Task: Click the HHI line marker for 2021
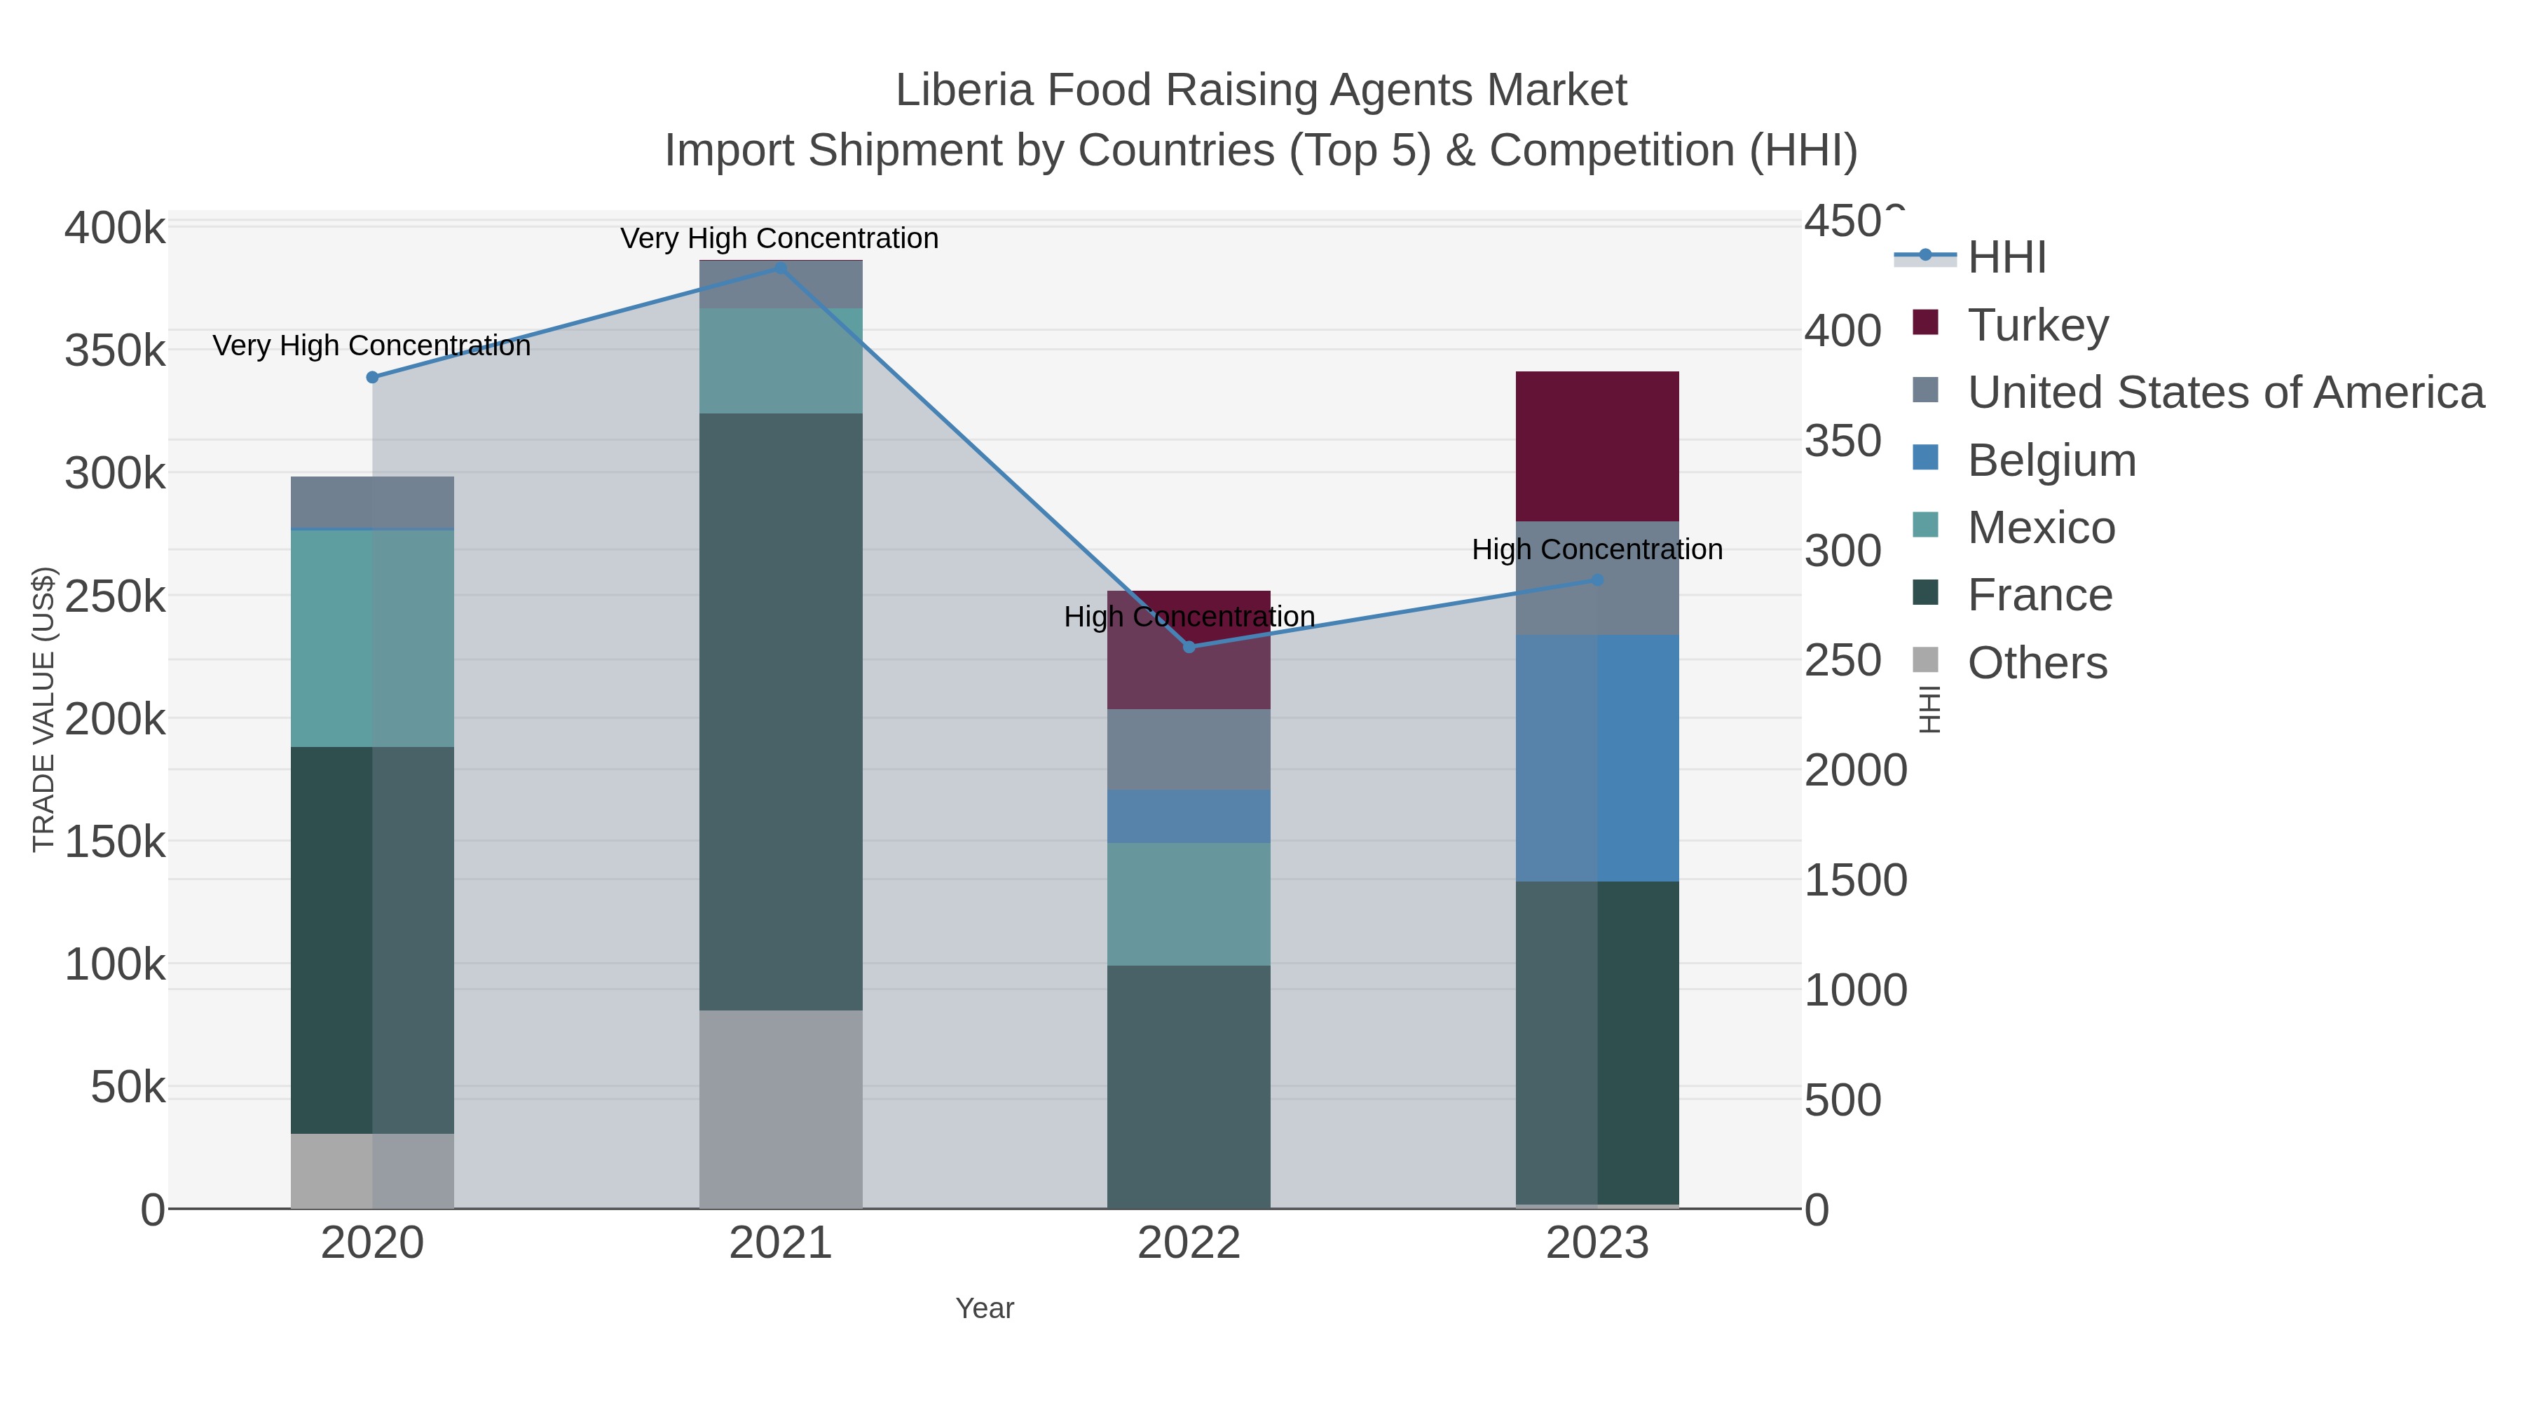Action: coord(781,268)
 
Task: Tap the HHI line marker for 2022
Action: coord(1189,647)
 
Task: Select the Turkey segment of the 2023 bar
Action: coord(1596,446)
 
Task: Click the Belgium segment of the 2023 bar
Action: coord(1596,758)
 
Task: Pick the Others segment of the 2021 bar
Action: coord(781,1109)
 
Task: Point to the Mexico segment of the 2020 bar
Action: coord(372,638)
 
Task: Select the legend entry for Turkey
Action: coord(2037,325)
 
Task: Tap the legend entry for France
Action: coord(2039,596)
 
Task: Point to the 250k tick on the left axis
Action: coord(115,596)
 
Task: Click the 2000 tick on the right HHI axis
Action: coord(1855,771)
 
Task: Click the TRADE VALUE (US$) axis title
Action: coord(44,709)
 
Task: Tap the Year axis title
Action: coord(985,1308)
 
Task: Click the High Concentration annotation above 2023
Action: coord(1596,550)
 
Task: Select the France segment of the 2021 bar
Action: coord(781,712)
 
